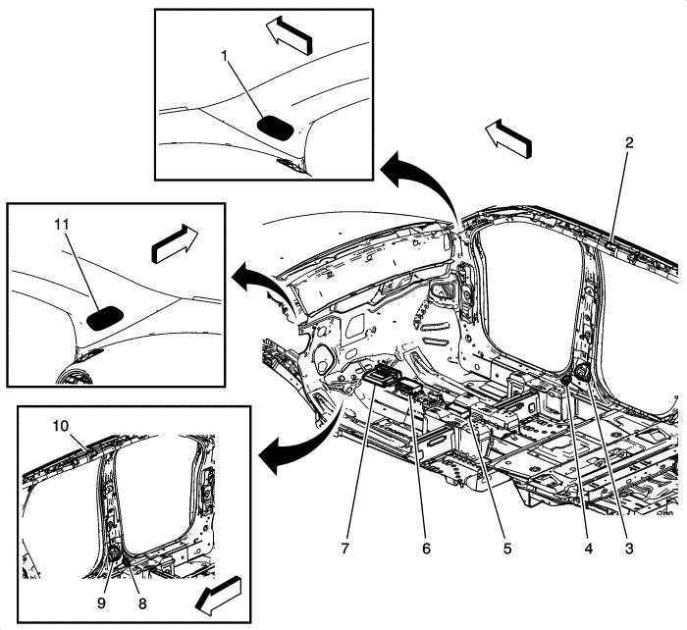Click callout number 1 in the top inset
(225, 56)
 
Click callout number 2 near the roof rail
(629, 141)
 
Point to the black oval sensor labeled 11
(106, 317)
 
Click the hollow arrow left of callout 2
(508, 136)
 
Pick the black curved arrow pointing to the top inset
(412, 177)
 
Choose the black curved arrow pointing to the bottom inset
(294, 446)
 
